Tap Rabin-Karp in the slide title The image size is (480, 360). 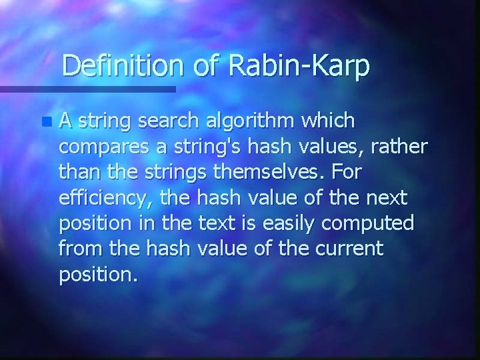[299, 67]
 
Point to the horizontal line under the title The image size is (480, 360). [87, 89]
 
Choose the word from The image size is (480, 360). [77, 249]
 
